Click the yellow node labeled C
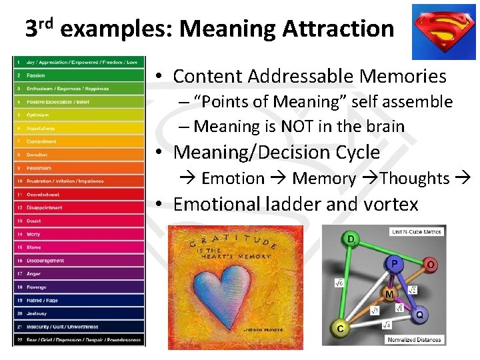pos(341,327)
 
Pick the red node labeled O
pos(430,265)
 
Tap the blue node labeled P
pos(395,264)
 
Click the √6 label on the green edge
pos(338,283)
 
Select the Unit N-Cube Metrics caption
pos(417,231)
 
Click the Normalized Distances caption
pos(414,339)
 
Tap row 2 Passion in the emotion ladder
pos(79,75)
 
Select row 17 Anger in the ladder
pos(79,273)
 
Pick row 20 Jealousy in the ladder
pos(79,313)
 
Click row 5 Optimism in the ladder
pos(79,115)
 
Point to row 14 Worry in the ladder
pos(79,234)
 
